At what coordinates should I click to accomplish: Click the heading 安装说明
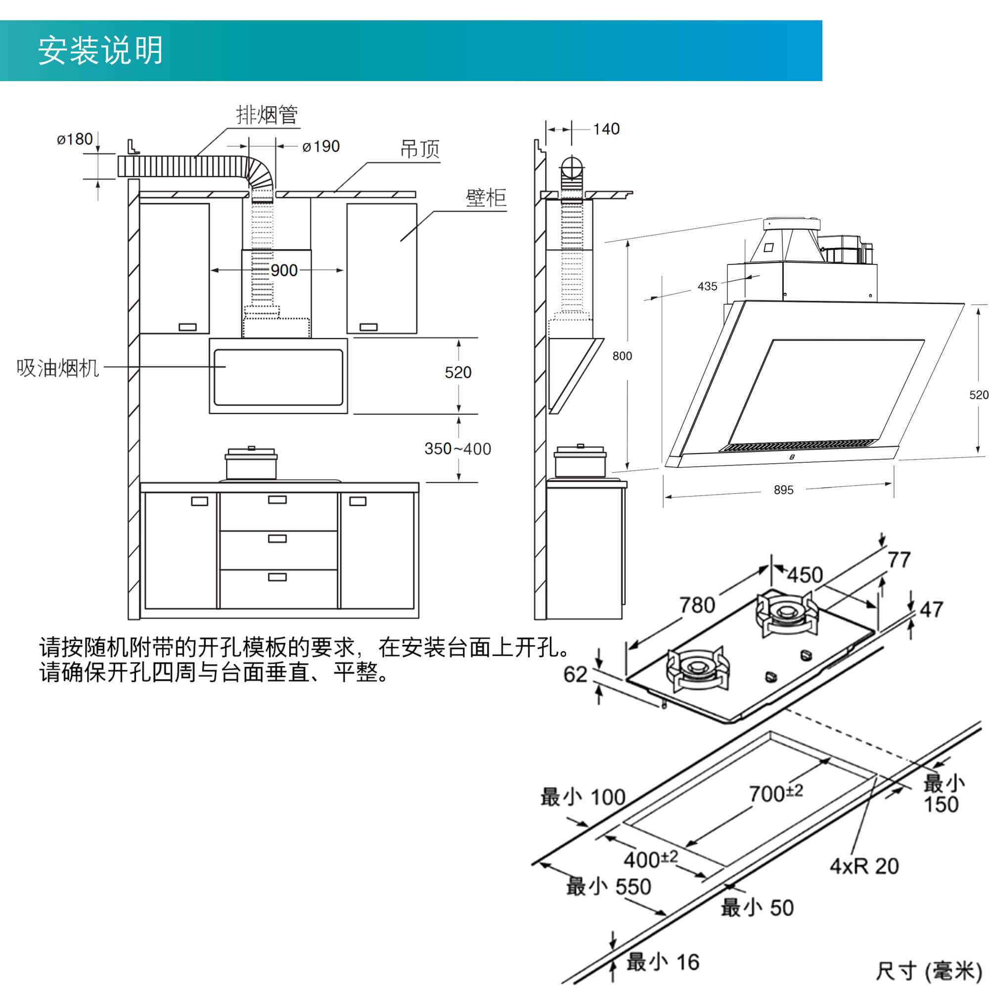(100, 50)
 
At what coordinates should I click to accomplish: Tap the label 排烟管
(266, 115)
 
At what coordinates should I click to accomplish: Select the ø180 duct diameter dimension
(75, 139)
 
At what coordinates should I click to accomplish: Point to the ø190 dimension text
(321, 147)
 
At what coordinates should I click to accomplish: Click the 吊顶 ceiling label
(419, 149)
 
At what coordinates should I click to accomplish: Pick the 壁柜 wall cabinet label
(485, 198)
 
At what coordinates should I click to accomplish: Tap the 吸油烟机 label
(57, 368)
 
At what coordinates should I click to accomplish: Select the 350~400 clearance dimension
(457, 449)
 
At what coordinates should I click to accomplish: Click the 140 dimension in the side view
(606, 129)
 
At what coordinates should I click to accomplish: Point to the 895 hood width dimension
(783, 490)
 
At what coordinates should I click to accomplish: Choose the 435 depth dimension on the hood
(708, 287)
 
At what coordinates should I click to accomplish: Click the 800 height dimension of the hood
(622, 356)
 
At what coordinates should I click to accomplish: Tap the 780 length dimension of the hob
(697, 605)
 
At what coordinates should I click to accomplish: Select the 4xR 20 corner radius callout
(864, 866)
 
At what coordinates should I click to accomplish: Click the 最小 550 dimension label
(608, 887)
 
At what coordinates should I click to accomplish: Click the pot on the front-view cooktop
(251, 464)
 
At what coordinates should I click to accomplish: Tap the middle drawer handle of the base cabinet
(277, 539)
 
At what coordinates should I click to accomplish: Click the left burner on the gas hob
(697, 667)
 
